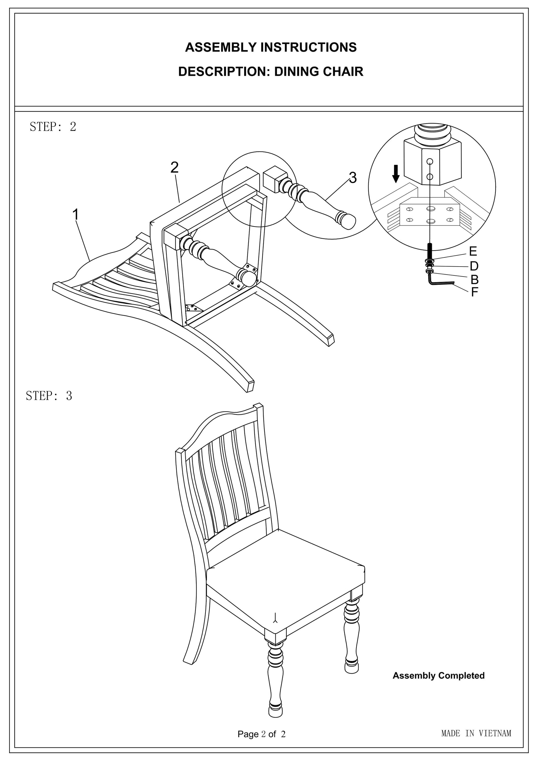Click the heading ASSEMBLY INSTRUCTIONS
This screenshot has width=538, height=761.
coord(271,47)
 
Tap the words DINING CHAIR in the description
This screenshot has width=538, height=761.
coord(319,72)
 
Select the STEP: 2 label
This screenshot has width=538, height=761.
coord(53,127)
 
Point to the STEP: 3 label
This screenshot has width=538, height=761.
coord(49,396)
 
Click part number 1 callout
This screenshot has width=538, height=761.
coord(76,214)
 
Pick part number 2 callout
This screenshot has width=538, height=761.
coord(174,167)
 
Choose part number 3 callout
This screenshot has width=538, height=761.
coord(353,178)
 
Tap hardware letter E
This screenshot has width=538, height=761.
coord(473,252)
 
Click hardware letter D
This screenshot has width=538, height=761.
coord(474,266)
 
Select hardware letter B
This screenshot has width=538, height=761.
coord(474,280)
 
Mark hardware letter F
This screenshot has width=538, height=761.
coord(474,292)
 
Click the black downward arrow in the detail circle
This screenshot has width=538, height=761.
coord(395,174)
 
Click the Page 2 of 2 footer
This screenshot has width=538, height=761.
coord(261,734)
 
